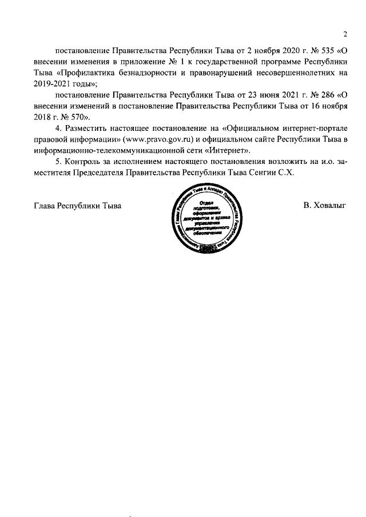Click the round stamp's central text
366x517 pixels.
pos(206,221)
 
